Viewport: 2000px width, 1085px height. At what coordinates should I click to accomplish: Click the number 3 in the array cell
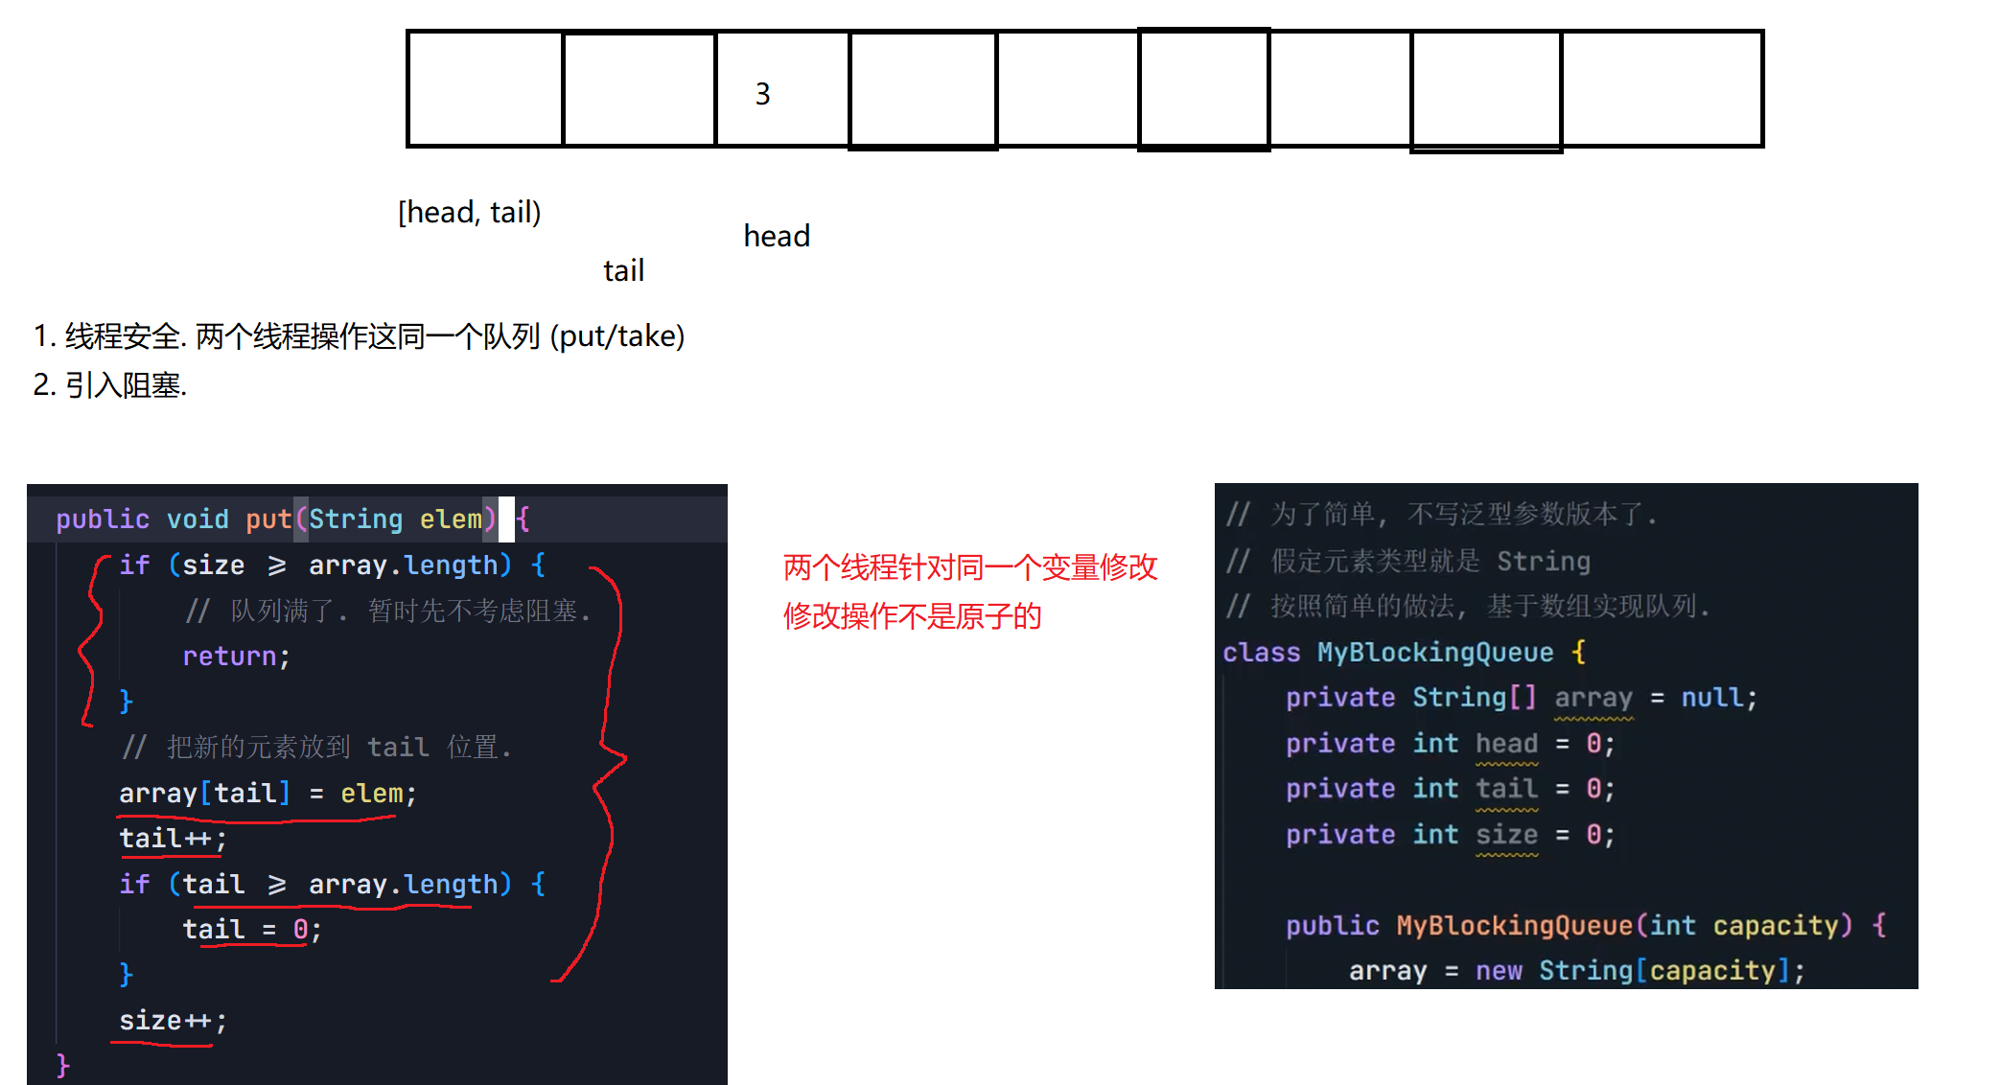[x=762, y=94]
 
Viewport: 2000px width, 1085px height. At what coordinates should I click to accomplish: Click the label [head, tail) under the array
[x=469, y=212]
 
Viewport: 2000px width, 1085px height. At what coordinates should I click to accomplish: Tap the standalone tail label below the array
[x=623, y=271]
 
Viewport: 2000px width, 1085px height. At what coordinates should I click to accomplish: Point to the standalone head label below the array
[x=777, y=236]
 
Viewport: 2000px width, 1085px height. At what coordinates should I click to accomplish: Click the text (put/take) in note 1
[x=617, y=336]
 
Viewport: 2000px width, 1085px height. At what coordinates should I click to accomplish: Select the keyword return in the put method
[x=229, y=657]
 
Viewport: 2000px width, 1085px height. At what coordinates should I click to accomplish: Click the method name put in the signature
[x=267, y=519]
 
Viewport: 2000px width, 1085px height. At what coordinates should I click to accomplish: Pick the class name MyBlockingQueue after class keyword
[x=1434, y=653]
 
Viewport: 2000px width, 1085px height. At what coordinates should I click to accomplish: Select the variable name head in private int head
[x=1506, y=744]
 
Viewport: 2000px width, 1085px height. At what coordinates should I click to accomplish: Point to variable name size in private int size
[x=1506, y=835]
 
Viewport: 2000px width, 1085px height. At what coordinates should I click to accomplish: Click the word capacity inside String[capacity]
[x=1712, y=971]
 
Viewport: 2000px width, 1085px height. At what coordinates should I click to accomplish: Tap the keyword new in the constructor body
[x=1499, y=971]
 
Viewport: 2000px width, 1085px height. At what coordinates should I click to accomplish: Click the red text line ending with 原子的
[x=912, y=616]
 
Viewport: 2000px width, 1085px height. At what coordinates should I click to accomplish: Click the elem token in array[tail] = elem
[x=371, y=794]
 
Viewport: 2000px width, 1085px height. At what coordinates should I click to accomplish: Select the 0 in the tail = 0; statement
[x=300, y=930]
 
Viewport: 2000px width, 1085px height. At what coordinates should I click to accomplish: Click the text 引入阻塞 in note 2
[x=123, y=385]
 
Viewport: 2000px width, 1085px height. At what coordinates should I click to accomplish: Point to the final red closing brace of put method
[x=63, y=1065]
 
